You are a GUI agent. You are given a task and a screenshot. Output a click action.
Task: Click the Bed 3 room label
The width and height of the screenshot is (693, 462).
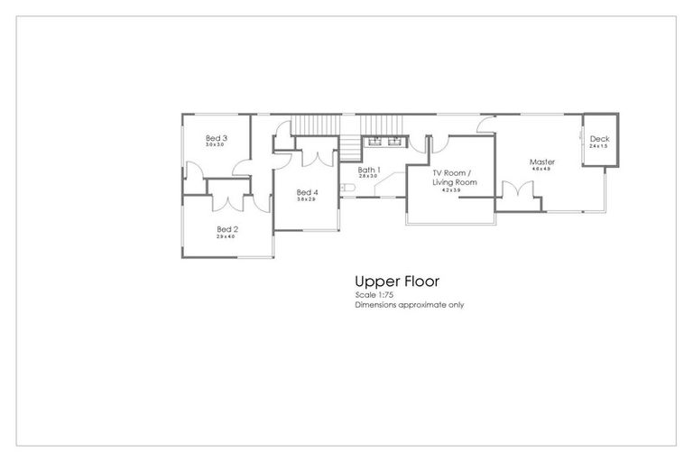pyautogui.click(x=217, y=138)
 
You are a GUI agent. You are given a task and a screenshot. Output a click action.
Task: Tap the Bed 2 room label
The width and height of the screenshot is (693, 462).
pyautogui.click(x=227, y=229)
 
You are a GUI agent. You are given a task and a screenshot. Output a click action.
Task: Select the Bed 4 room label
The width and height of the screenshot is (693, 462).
pyautogui.click(x=307, y=192)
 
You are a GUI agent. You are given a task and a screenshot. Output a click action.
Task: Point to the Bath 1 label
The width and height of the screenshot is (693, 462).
pyautogui.click(x=369, y=170)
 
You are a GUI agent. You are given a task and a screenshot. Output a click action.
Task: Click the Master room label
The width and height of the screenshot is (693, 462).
pyautogui.click(x=542, y=162)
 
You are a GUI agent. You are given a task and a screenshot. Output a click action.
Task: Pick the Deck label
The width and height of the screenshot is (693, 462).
pyautogui.click(x=599, y=139)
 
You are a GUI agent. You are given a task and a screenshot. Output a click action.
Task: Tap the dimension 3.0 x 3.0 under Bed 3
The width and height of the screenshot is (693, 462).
pyautogui.click(x=216, y=145)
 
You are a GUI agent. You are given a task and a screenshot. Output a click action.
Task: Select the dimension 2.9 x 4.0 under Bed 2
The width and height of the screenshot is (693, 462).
pyautogui.click(x=226, y=236)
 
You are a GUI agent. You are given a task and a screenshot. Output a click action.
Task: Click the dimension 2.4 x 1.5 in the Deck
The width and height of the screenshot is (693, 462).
pyautogui.click(x=599, y=146)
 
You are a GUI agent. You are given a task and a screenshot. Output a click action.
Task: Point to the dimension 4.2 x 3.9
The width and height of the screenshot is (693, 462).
pyautogui.click(x=451, y=190)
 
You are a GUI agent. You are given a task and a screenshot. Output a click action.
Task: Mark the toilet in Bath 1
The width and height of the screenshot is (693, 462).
pyautogui.click(x=346, y=188)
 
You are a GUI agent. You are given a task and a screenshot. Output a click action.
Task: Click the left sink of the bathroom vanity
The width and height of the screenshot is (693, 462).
pyautogui.click(x=374, y=141)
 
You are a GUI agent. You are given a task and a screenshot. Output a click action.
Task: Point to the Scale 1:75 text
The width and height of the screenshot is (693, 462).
pyautogui.click(x=374, y=295)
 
